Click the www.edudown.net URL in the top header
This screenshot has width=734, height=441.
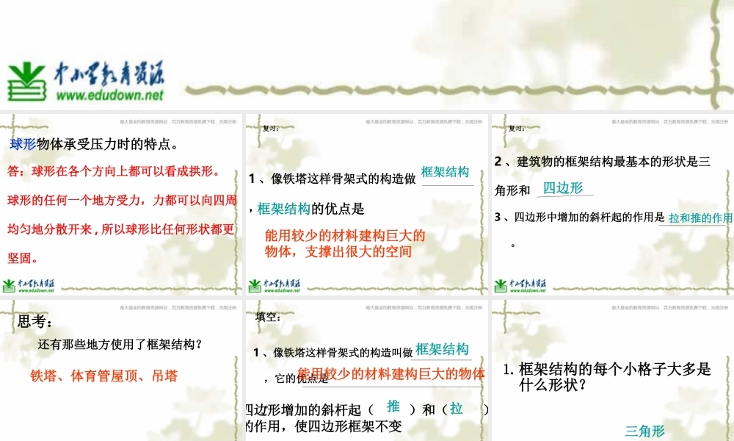(109, 96)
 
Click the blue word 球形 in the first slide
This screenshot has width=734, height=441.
(23, 144)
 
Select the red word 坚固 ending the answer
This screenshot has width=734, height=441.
(23, 258)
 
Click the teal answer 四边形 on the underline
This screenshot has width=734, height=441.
(563, 188)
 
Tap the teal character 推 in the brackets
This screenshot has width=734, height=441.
(393, 406)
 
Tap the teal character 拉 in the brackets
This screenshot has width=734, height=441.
(457, 408)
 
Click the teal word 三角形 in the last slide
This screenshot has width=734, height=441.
(644, 431)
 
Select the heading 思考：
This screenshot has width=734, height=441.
(34, 321)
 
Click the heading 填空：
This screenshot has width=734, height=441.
(268, 318)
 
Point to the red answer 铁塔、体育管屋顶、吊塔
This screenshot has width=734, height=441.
(103, 376)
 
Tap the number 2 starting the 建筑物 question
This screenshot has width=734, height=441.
(498, 162)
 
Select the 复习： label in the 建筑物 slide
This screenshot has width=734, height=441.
(517, 129)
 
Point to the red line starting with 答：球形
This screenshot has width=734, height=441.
(113, 172)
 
